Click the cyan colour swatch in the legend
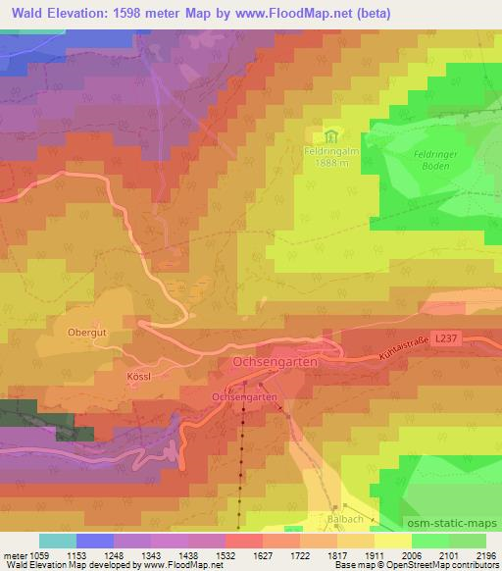coord(57,541)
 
